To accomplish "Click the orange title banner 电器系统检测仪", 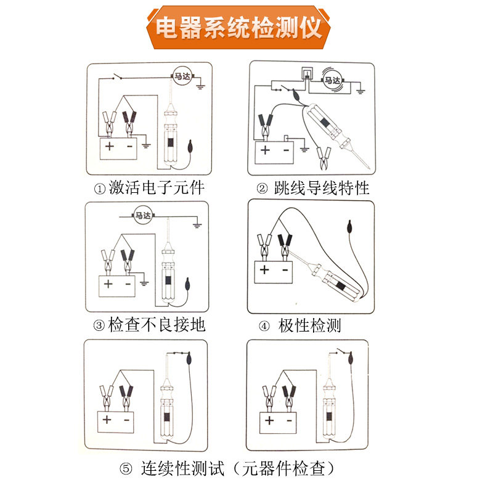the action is coord(238,28).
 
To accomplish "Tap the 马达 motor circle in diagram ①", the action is coord(182,76).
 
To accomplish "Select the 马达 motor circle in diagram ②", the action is coord(333,81).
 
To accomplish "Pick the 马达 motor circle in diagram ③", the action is coord(143,216).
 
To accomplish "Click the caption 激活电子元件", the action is coord(157,188).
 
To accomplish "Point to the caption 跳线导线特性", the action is coord(321,188).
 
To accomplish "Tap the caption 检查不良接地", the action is coord(157,325).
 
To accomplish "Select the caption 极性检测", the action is coord(309,325).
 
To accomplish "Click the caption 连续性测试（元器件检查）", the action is coord(238,468).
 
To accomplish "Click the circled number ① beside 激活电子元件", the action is coord(100,189).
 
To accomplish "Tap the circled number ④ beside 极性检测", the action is coord(264,326).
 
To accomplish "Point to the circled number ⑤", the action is coord(126,469).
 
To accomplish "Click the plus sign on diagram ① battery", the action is coord(110,146).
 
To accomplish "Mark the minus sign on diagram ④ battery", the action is coord(285,270).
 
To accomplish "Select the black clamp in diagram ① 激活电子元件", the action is coord(129,123).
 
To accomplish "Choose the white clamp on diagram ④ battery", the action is coord(264,247).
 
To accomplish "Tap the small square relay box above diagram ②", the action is coord(307,74).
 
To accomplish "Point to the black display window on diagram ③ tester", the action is coord(168,280).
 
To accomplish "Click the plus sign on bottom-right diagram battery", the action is coord(269,420).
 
